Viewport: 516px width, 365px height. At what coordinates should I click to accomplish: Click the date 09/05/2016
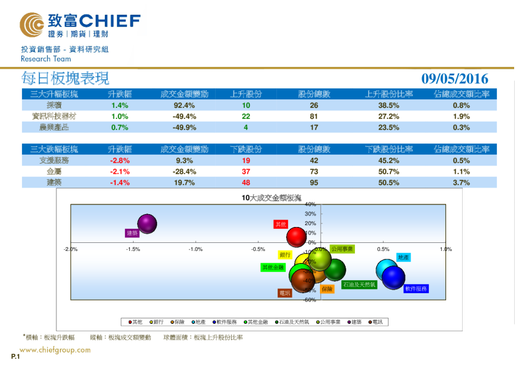click(x=455, y=79)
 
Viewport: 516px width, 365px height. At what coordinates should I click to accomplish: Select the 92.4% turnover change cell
click(x=184, y=105)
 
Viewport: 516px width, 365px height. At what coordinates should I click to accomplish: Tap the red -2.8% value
click(x=120, y=161)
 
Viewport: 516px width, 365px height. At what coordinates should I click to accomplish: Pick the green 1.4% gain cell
click(x=120, y=105)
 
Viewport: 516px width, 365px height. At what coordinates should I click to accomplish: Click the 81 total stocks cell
click(x=314, y=116)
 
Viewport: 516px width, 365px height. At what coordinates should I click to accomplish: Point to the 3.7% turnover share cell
click(x=461, y=183)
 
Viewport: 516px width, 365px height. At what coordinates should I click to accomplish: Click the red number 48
click(x=246, y=183)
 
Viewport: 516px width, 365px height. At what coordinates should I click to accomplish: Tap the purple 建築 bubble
click(x=147, y=224)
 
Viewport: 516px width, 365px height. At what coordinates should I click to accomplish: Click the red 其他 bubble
click(x=297, y=237)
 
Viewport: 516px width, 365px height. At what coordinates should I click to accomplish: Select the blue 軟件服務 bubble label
click(x=415, y=288)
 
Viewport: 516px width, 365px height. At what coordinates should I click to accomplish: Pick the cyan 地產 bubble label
click(x=403, y=258)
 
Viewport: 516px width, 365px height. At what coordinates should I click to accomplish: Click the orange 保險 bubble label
click(x=327, y=288)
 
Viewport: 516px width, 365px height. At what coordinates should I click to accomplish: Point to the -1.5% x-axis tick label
click(x=133, y=249)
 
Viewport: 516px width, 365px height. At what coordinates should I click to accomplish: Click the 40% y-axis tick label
click(x=309, y=204)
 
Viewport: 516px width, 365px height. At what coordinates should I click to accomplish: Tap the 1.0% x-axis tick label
click(x=446, y=249)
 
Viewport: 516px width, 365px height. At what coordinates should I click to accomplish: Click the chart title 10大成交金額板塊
click(x=271, y=198)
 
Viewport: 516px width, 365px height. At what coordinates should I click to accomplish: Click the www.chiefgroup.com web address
click(x=55, y=350)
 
